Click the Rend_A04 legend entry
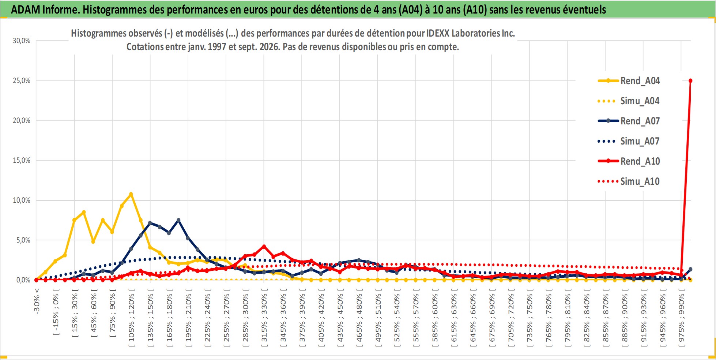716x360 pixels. pos(629,81)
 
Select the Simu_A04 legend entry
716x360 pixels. pos(629,101)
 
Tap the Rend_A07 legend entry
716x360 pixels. pos(629,121)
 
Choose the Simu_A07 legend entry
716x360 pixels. pos(629,141)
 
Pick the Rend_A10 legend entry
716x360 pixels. pos(629,161)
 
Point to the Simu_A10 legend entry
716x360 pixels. pos(629,181)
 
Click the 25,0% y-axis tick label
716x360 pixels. pos(22,80)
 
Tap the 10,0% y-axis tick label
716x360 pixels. pos(22,200)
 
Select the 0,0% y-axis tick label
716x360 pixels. pos(23,280)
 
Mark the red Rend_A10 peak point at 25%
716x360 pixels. pos(690,81)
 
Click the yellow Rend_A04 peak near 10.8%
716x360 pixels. pos(131,194)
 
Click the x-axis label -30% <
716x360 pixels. pos(37,301)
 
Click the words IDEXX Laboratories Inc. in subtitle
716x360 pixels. pos(471,33)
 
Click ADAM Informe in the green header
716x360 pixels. pos(45,10)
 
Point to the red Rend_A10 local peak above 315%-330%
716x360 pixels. pos(264,247)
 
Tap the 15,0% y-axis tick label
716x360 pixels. pos(22,160)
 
